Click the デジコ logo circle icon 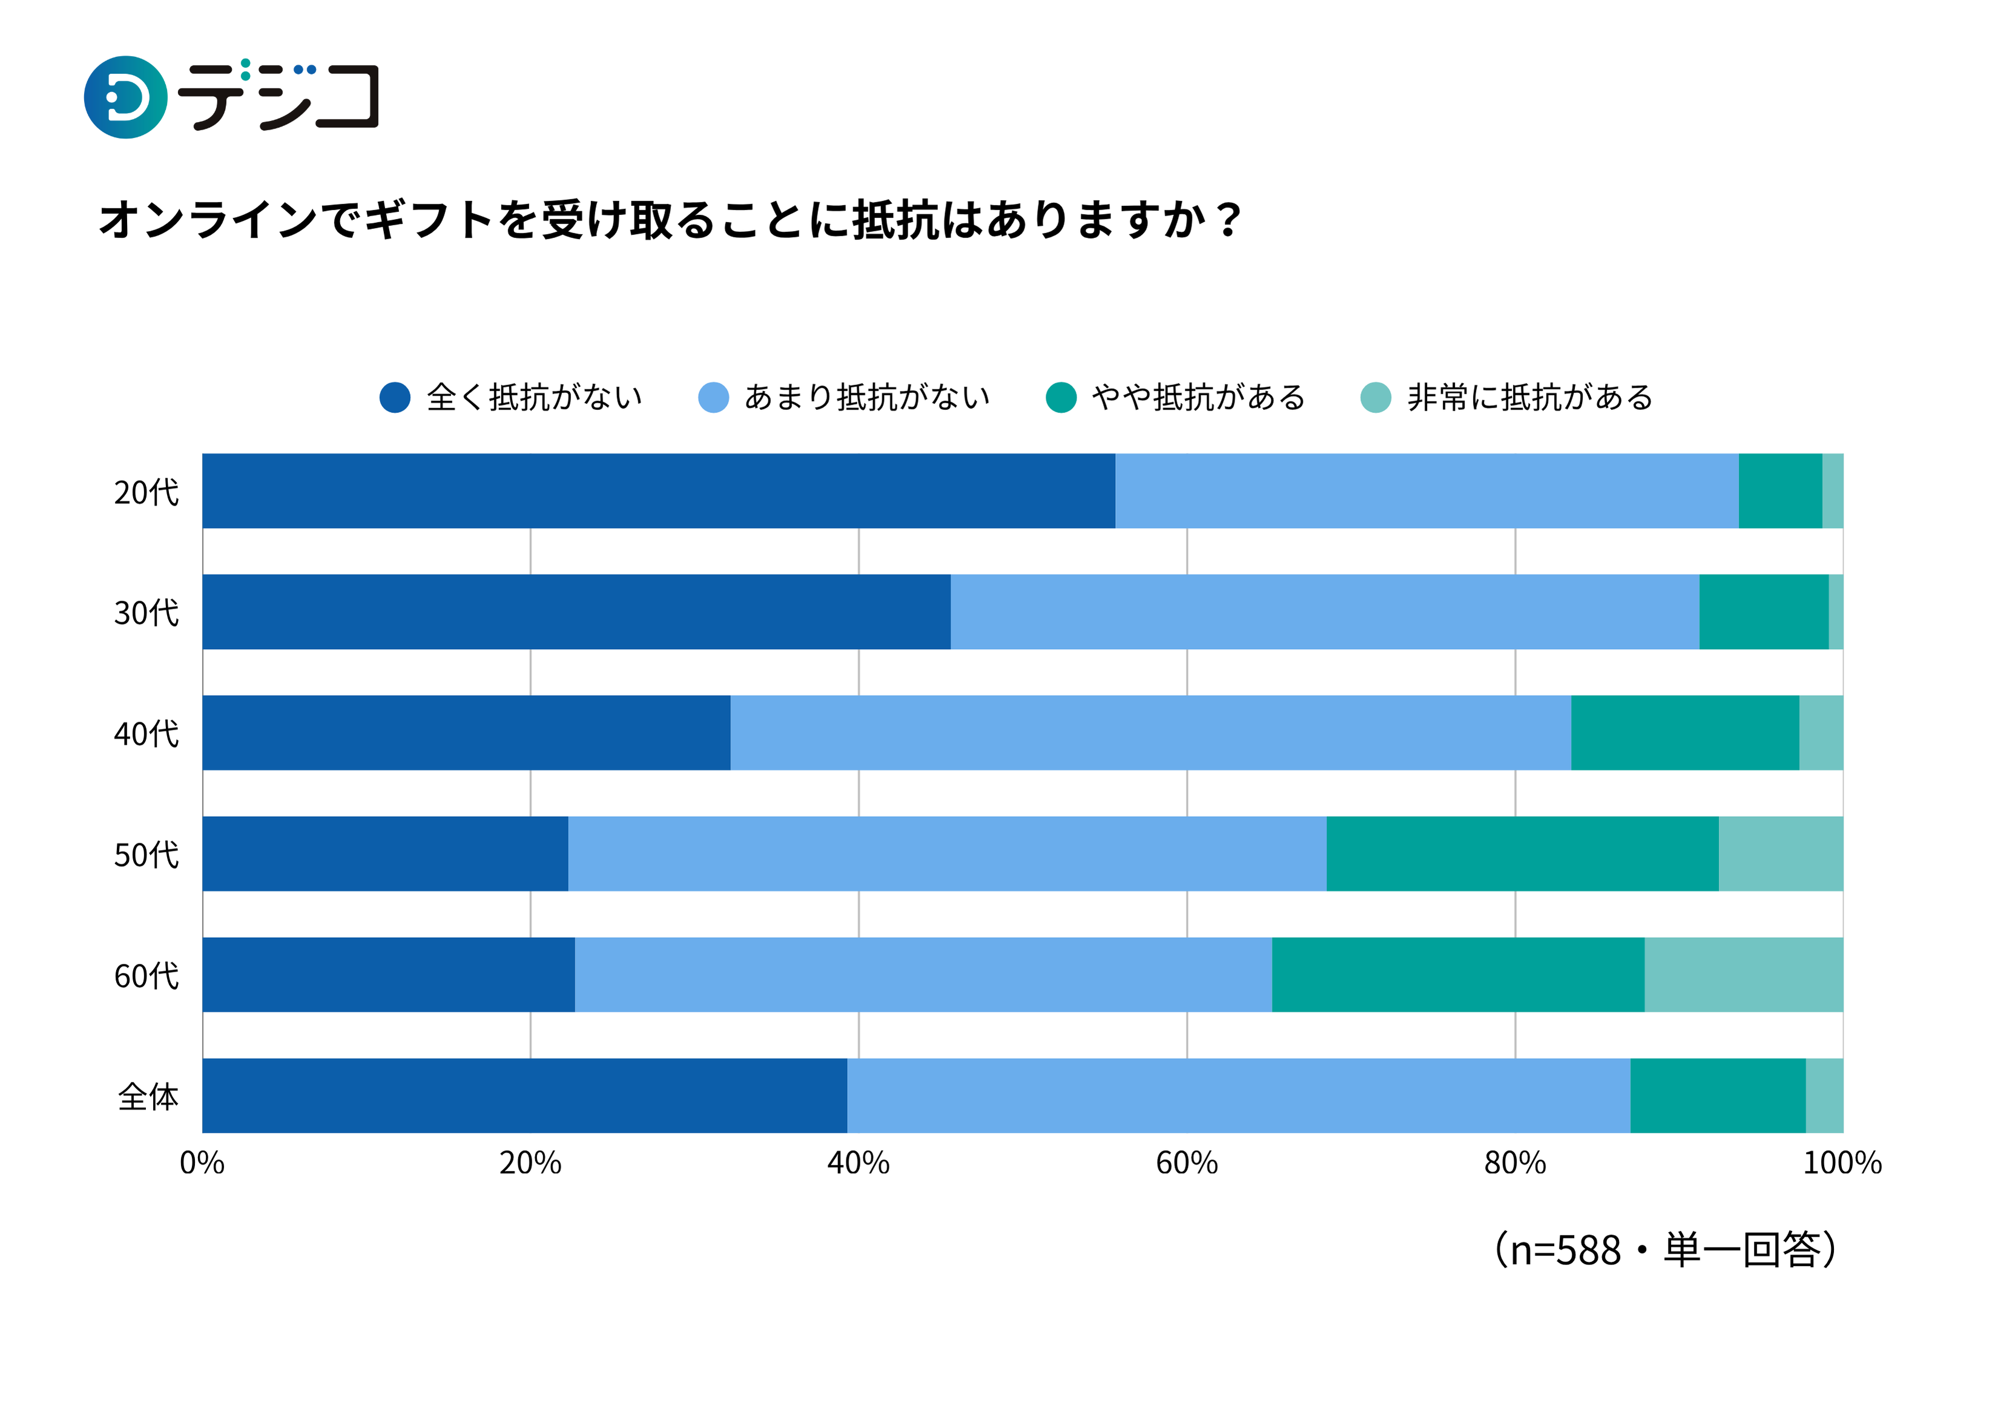pos(125,97)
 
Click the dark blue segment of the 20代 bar pos(658,490)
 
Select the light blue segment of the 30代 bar pos(1325,612)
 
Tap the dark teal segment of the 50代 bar pos(1522,854)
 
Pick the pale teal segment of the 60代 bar pos(1744,975)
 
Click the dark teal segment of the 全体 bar pos(1718,1096)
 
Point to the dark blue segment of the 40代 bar pos(466,733)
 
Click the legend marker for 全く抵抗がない pos(395,397)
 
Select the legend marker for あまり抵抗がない pos(714,397)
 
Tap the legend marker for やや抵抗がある pos(1060,397)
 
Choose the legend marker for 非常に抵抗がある pos(1376,397)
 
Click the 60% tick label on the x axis pos(1187,1163)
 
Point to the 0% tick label pos(202,1163)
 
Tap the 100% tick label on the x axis pos(1842,1163)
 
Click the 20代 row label pos(147,492)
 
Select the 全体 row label pos(148,1097)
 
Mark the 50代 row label pos(147,855)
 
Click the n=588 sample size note pos(1665,1250)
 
